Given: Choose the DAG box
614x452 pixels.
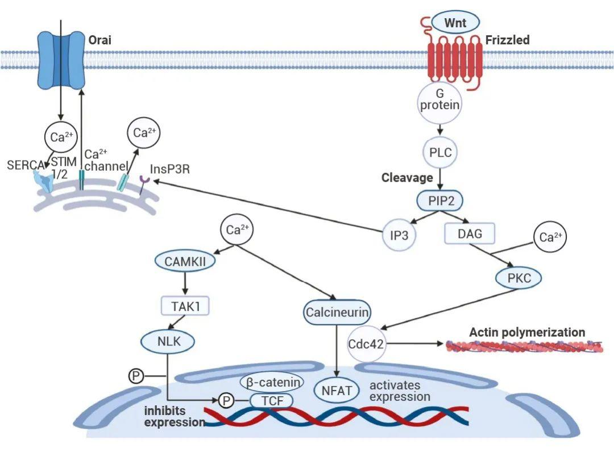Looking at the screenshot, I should click(470, 232).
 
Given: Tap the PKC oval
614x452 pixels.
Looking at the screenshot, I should click(517, 278).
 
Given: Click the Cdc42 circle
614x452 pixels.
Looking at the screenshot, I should click(366, 344).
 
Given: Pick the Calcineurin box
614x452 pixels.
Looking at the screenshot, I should click(337, 312).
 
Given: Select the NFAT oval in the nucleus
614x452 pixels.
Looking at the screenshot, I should click(337, 391).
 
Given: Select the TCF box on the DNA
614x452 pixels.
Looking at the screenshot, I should click(271, 400).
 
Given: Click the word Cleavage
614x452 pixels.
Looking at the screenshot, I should click(407, 178).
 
